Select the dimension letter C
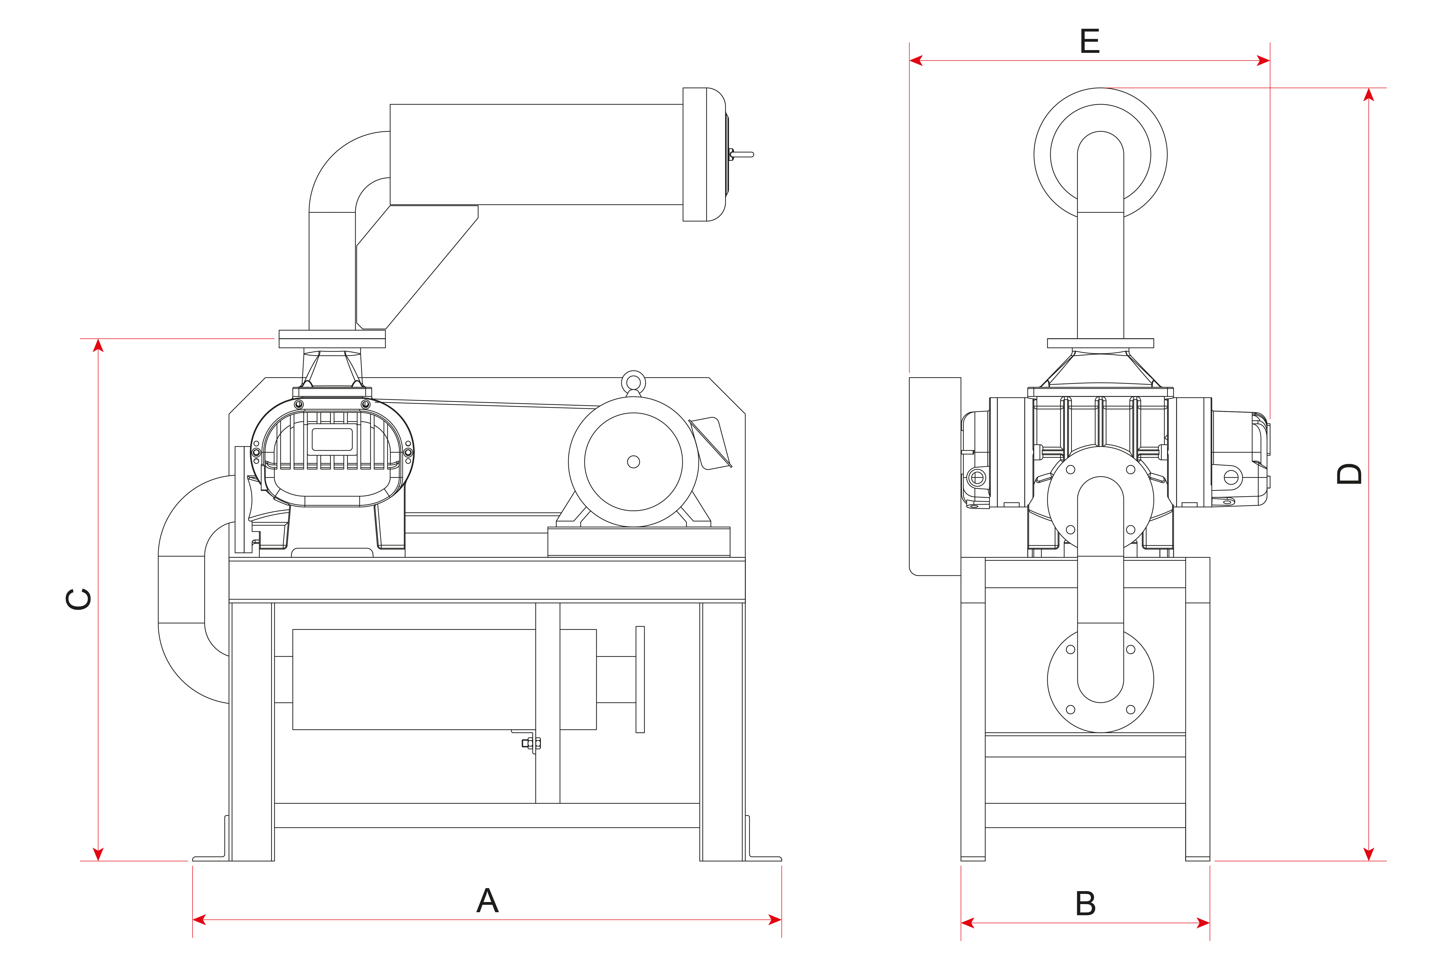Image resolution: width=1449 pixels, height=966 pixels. coord(79,599)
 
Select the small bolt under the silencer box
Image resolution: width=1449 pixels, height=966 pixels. coord(531,743)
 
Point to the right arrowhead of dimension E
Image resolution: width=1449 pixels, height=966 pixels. coord(1263,60)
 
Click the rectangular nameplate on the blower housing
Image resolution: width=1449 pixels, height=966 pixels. coord(332,439)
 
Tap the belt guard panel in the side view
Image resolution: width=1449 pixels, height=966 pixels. coord(935,476)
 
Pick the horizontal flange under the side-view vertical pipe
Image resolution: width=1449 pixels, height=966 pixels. coord(1100,343)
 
